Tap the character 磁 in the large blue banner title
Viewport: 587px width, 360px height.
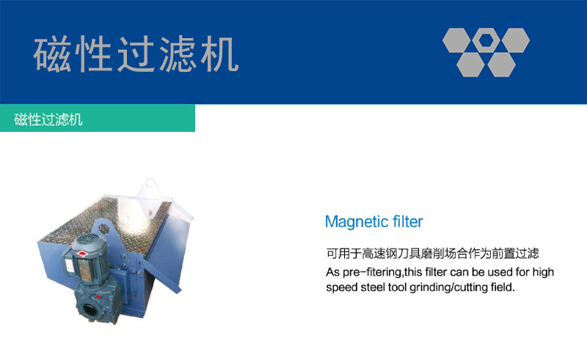click(x=52, y=55)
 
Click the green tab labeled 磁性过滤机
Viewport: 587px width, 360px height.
click(x=98, y=118)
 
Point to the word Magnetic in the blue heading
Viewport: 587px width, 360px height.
click(x=351, y=222)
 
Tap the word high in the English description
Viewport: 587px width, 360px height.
click(x=543, y=273)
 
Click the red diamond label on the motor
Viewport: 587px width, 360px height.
click(x=82, y=254)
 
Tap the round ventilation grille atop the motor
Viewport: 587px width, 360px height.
click(x=89, y=238)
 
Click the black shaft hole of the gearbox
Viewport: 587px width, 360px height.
click(x=90, y=310)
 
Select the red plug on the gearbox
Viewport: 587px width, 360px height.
click(x=98, y=297)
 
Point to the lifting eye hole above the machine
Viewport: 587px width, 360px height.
click(x=150, y=184)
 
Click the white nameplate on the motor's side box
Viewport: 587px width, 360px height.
click(x=70, y=265)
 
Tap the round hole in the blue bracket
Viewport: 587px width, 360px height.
click(x=104, y=229)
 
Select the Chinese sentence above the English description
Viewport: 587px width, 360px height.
click(x=432, y=254)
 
